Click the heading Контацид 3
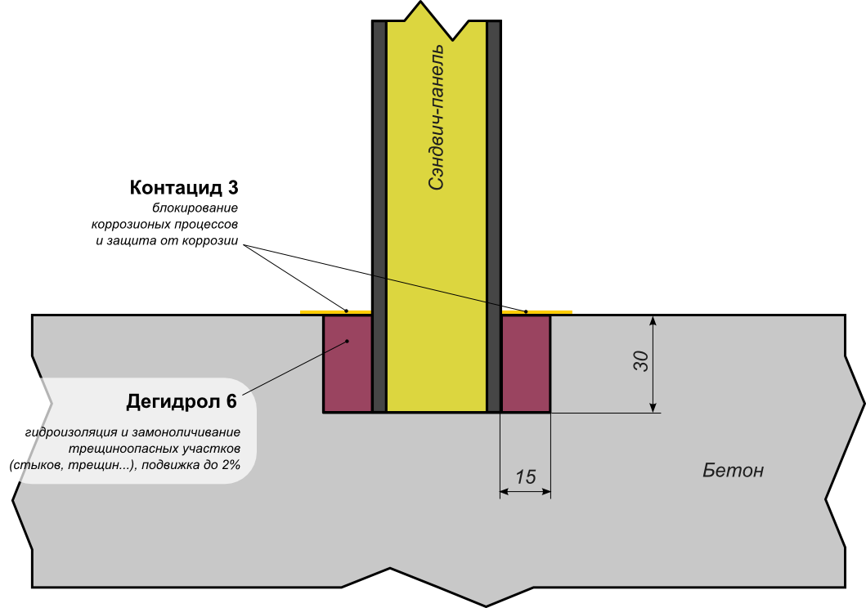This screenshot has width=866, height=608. (x=184, y=188)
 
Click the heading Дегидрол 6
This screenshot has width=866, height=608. (x=182, y=401)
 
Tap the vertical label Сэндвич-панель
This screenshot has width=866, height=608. (x=437, y=118)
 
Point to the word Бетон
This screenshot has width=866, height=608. (x=733, y=470)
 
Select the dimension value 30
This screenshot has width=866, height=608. (x=640, y=361)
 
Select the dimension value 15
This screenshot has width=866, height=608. (x=525, y=476)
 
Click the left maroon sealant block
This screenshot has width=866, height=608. (x=348, y=364)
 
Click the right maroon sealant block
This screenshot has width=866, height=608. (x=526, y=364)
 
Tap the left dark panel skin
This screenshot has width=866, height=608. (x=379, y=217)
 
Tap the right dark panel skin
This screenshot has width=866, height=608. (x=494, y=217)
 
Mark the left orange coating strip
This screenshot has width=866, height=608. (x=336, y=312)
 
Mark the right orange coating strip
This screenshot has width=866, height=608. (x=536, y=312)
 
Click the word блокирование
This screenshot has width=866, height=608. (x=195, y=208)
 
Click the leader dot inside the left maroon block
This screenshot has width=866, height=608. (x=348, y=342)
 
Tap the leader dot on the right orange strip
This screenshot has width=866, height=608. (x=526, y=311)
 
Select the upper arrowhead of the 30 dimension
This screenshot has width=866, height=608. (x=653, y=321)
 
